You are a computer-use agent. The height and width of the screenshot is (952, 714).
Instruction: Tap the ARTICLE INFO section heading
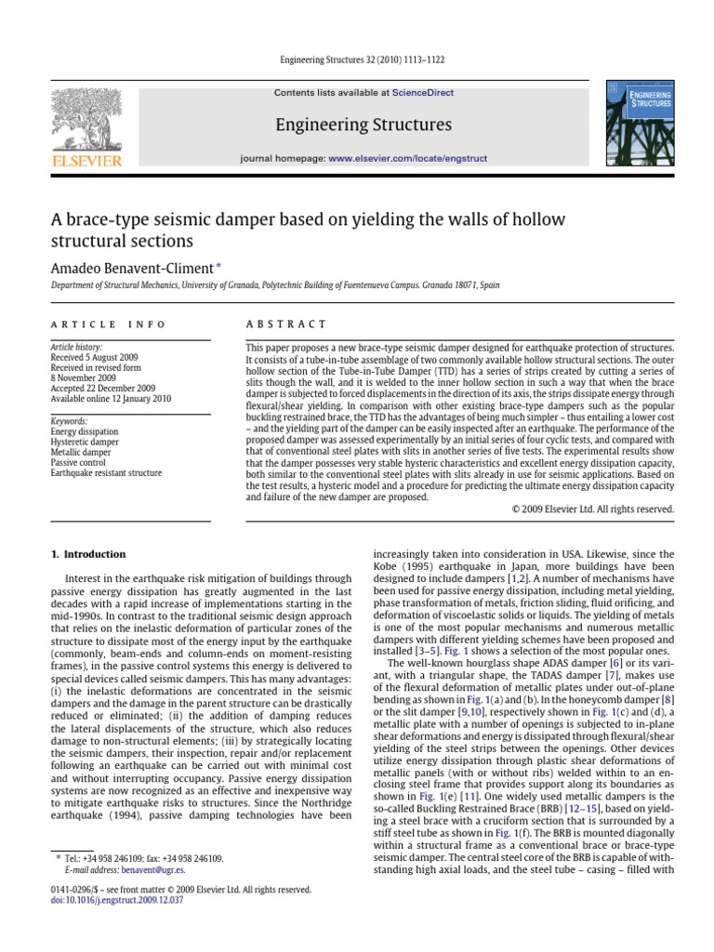[108, 324]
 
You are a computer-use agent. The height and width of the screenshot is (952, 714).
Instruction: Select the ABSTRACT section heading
[286, 324]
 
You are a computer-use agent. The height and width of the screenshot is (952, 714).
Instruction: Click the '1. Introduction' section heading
[87, 554]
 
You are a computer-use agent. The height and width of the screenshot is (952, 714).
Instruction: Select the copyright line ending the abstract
[593, 509]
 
